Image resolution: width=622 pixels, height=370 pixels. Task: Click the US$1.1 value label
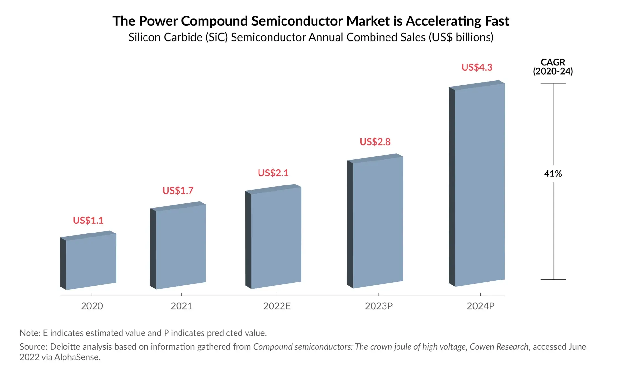pos(88,221)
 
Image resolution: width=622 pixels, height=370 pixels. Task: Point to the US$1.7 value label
pos(178,191)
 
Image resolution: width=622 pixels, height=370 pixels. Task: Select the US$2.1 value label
pos(273,173)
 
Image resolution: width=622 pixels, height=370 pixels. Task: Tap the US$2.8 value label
pos(375,142)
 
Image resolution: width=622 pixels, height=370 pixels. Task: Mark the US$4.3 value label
pos(477,67)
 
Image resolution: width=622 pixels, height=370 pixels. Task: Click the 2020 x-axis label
pos(92,306)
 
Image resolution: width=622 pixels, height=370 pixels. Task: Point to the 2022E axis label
pos(277,306)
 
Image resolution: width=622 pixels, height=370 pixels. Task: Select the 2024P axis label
pos(480,306)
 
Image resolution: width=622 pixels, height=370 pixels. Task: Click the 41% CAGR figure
pos(553,174)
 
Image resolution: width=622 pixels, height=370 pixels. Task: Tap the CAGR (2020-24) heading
pos(553,67)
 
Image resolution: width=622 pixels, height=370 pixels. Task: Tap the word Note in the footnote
pos(29,333)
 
